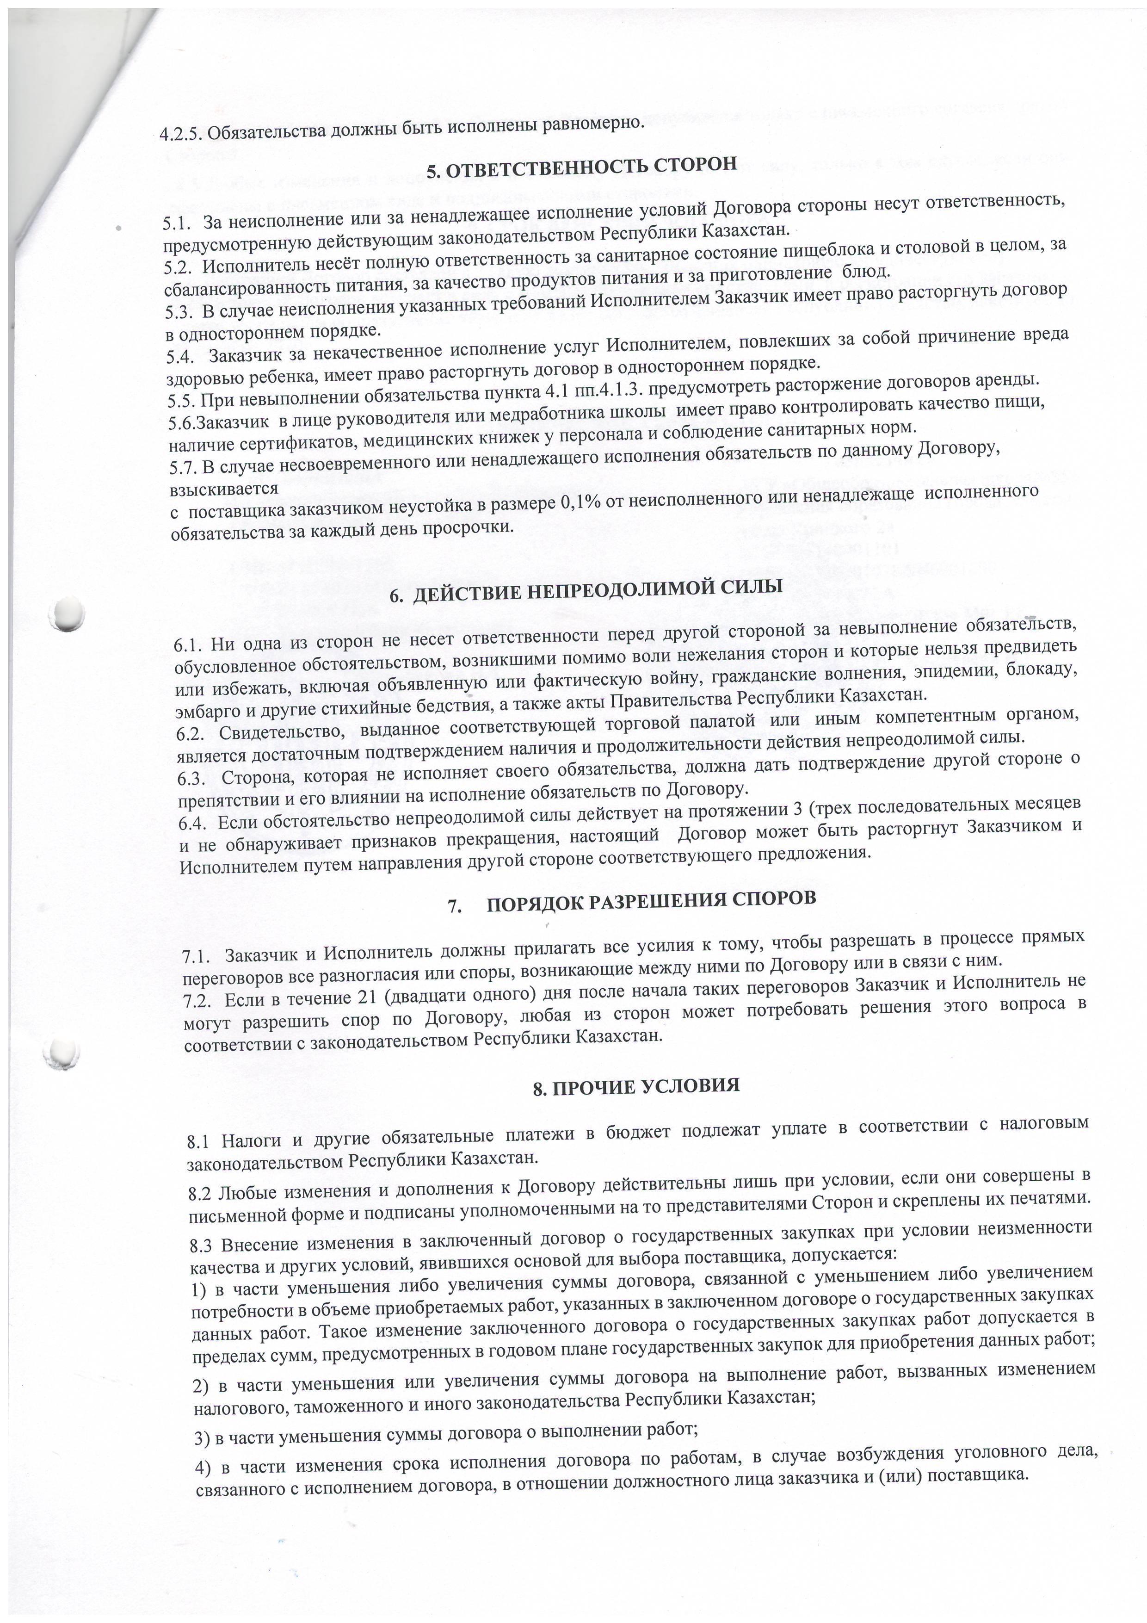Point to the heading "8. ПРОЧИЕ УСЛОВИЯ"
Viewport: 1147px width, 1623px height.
[636, 1086]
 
